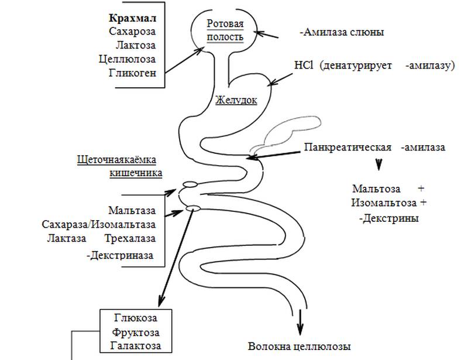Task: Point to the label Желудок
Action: pyautogui.click(x=236, y=100)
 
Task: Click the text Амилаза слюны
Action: pyautogui.click(x=345, y=32)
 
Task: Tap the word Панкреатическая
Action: pyautogui.click(x=347, y=147)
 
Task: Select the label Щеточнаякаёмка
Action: pyautogui.click(x=119, y=160)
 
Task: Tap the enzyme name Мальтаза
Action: pyautogui.click(x=132, y=210)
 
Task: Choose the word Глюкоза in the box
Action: pyautogui.click(x=136, y=319)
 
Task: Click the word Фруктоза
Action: pyautogui.click(x=136, y=332)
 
